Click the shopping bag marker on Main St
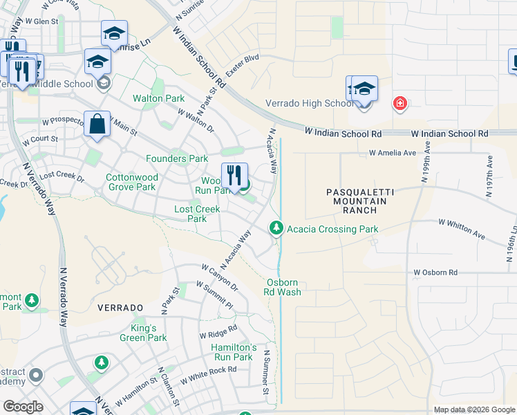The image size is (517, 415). tap(97, 125)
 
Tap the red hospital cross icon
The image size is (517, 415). tap(399, 104)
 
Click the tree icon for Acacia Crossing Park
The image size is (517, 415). tap(276, 228)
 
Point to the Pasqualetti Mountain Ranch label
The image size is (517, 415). tap(360, 201)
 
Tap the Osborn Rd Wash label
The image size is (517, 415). tap(284, 287)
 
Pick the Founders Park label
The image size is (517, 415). tap(178, 158)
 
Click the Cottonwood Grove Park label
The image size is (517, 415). tap(131, 182)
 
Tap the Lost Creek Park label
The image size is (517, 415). tap(197, 214)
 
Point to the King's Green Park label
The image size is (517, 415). tap(148, 333)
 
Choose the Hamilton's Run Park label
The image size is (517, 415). tap(233, 352)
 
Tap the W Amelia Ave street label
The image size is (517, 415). tap(393, 152)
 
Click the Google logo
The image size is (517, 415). tap(23, 407)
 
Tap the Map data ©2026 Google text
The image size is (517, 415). tap(473, 409)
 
